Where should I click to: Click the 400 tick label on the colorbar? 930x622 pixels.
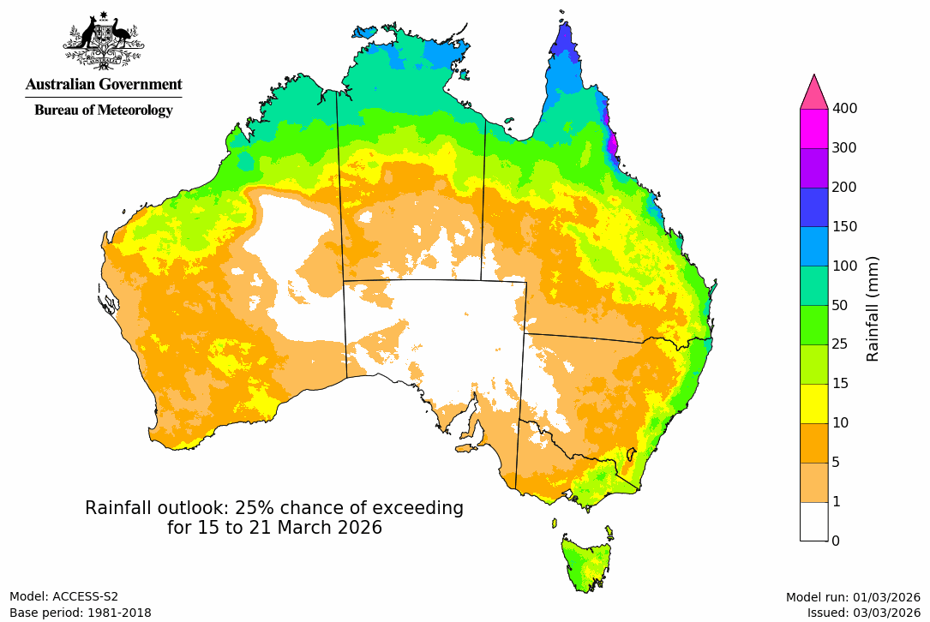pos(845,108)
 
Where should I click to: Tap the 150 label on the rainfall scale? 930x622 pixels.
pos(845,226)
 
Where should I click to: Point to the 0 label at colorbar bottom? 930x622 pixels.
pos(836,541)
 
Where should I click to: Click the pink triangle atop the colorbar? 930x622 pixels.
pos(813,92)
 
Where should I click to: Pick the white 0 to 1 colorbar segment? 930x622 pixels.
pos(813,521)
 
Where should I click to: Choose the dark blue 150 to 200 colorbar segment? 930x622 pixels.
pos(813,206)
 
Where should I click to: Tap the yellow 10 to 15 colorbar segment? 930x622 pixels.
pos(813,404)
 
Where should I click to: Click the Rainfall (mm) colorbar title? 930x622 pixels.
pos(873,308)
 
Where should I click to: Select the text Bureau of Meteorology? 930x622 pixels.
pos(104,110)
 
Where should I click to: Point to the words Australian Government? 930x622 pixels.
pos(104,84)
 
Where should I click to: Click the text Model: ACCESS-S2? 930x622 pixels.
pos(64,597)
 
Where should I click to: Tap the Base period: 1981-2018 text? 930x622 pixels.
pos(81,613)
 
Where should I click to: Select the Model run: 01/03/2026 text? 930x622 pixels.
pos(853,597)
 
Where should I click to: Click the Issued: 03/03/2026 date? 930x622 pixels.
pos(863,613)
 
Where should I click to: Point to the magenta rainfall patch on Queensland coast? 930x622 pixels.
pos(612,141)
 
